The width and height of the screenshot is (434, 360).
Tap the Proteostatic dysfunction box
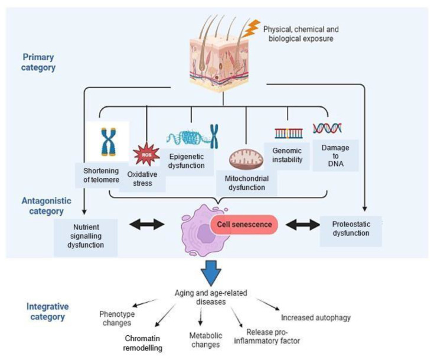point(351,229)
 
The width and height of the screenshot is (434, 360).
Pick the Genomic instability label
point(287,155)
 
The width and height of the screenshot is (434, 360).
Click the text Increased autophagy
point(316,317)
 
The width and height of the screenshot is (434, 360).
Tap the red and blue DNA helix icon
point(327,127)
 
